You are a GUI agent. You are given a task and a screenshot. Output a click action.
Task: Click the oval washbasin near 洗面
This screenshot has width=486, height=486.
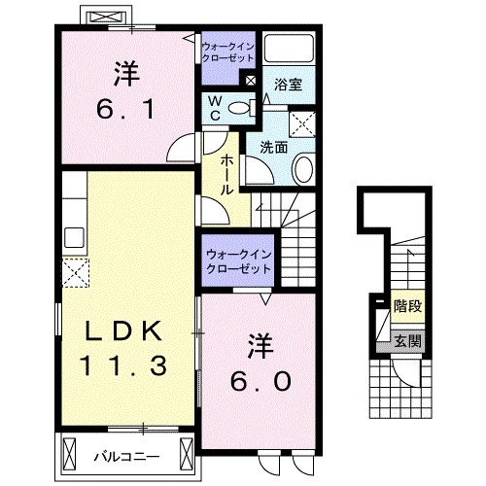(301, 171)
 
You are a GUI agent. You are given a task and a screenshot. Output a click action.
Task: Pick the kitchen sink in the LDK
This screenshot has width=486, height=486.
(73, 237)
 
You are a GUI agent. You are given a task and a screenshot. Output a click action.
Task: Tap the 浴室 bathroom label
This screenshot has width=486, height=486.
(288, 85)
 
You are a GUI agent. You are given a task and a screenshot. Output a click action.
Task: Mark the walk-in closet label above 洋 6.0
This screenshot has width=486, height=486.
(237, 261)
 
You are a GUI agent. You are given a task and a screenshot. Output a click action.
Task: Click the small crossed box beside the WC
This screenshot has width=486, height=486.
(252, 82)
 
